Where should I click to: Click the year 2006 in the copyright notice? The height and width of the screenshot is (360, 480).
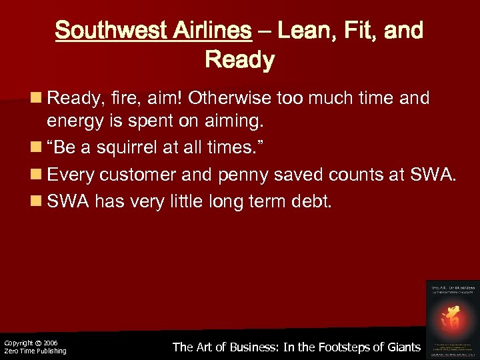[51, 343]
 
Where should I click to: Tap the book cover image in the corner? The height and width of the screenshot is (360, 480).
[453, 318]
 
